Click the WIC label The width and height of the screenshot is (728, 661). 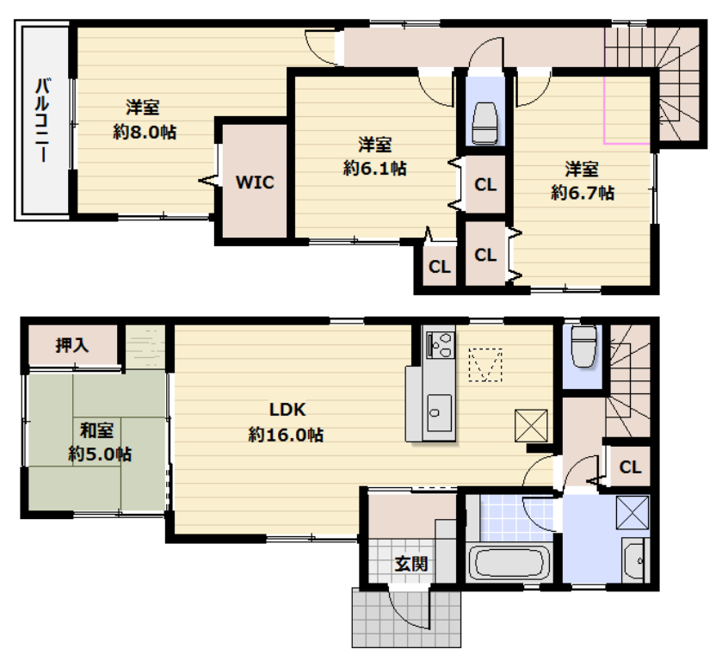click(x=255, y=182)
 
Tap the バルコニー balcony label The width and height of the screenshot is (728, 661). click(x=43, y=120)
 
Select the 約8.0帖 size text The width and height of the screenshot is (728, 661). click(x=145, y=133)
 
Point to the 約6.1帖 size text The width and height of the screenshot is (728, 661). click(x=374, y=168)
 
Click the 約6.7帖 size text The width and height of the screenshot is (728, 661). click(x=583, y=192)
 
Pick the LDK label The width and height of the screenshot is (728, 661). click(x=288, y=410)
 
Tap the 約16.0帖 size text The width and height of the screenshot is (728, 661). click(x=286, y=435)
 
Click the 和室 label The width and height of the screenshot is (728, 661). click(x=96, y=430)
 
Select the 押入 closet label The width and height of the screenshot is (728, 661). click(x=72, y=345)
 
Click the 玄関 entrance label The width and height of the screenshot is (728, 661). click(x=410, y=564)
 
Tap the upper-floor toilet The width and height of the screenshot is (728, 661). click(x=484, y=122)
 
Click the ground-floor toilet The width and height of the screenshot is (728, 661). click(x=583, y=346)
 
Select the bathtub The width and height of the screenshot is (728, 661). click(x=509, y=563)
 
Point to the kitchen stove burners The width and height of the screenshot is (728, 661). click(x=440, y=344)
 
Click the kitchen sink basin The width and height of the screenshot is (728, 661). click(x=439, y=412)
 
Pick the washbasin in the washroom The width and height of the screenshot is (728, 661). click(x=634, y=560)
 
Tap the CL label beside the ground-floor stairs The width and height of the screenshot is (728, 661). click(x=630, y=466)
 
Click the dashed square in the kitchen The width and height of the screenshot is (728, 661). click(x=485, y=365)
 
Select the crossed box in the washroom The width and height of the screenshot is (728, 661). click(x=632, y=512)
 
